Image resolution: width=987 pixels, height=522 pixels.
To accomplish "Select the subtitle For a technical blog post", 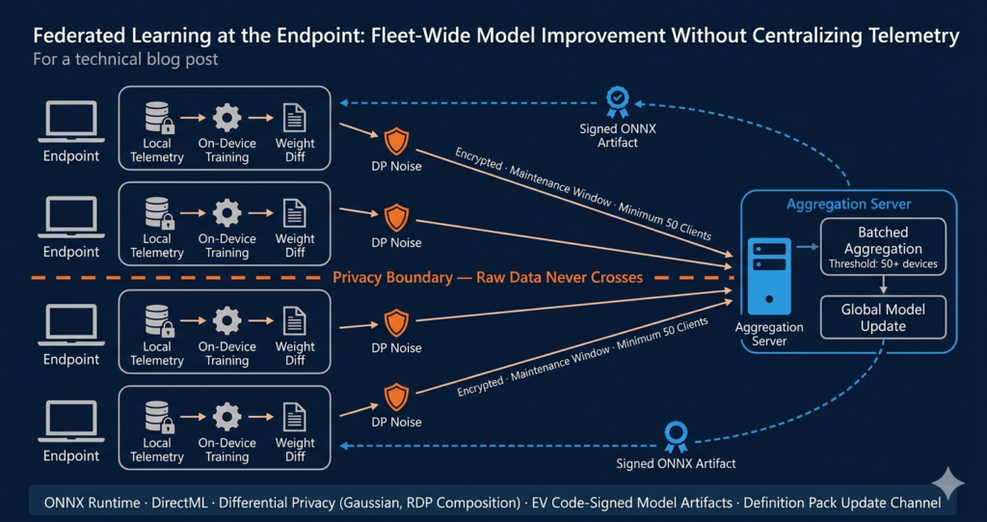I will tap(125, 60).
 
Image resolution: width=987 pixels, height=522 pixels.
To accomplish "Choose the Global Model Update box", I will tap(883, 317).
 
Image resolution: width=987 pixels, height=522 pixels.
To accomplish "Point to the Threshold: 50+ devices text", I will tap(883, 264).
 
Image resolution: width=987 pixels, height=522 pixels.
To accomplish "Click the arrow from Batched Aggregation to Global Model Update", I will tap(883, 286).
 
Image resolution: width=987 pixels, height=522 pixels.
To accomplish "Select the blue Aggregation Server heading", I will tap(848, 204).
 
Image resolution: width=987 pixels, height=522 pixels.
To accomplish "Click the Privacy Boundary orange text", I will tap(488, 278).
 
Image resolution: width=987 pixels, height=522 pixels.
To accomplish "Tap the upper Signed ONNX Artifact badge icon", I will tap(617, 102).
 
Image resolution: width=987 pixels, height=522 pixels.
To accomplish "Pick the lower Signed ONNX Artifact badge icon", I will tap(676, 434).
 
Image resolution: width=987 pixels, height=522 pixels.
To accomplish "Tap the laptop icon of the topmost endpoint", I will tap(71, 122).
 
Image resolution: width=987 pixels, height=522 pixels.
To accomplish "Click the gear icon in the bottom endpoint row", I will tap(227, 417).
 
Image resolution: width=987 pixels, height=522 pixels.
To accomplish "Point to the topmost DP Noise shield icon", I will tap(396, 142).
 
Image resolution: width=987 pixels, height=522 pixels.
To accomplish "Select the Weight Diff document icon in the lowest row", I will tap(295, 417).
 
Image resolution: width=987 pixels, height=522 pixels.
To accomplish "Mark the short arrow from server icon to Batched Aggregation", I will tap(807, 247).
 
